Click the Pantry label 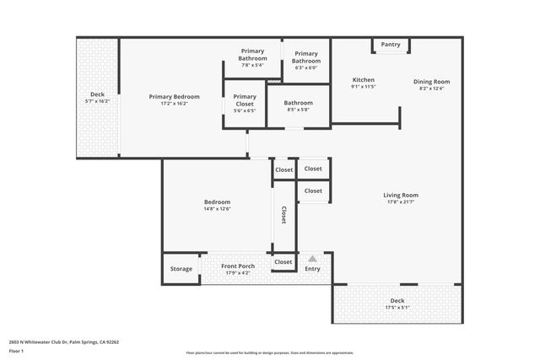(391, 45)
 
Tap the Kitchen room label (363, 80)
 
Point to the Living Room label (401, 196)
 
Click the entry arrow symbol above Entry (312, 259)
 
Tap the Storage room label (181, 269)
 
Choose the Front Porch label (238, 266)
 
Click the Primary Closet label (245, 97)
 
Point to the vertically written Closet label (283, 215)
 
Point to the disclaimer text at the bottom (269, 352)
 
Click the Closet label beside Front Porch (283, 262)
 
